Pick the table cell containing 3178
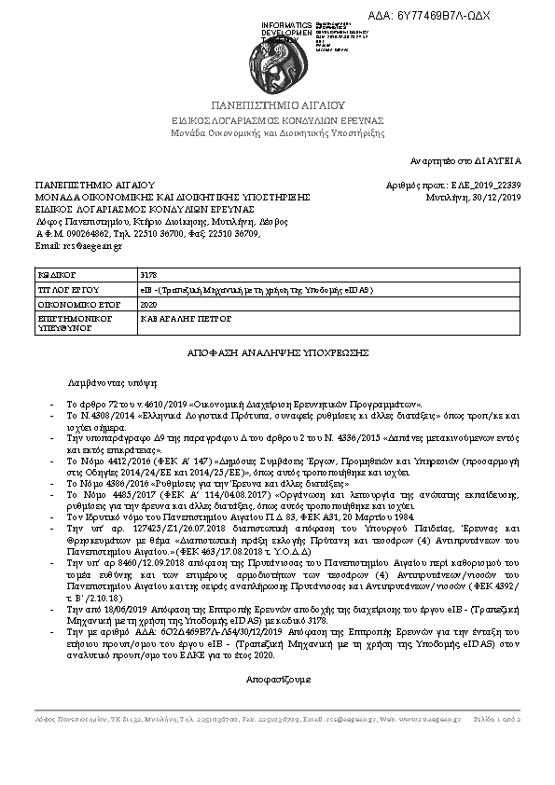[x=149, y=277]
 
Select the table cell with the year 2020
[x=149, y=305]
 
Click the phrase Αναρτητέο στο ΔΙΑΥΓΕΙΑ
[x=467, y=161]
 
